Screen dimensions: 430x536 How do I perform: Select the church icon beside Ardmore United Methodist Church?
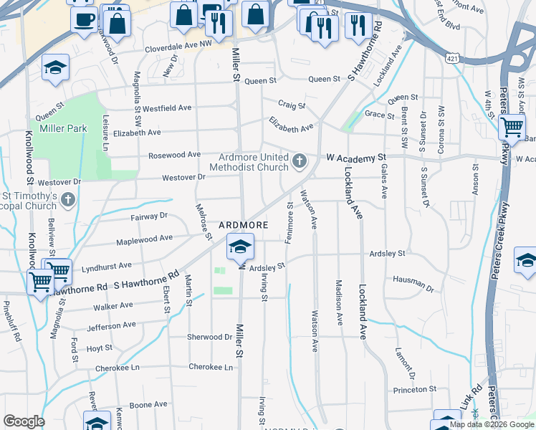click(299, 160)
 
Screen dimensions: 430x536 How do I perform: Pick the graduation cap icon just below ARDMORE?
click(240, 247)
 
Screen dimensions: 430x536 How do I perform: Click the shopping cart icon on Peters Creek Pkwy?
click(511, 128)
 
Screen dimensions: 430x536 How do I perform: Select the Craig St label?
click(292, 105)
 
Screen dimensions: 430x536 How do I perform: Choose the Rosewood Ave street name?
click(174, 155)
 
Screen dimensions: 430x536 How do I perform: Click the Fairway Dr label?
click(148, 215)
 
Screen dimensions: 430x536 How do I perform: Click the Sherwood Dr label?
click(209, 336)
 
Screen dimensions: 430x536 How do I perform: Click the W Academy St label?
click(356, 156)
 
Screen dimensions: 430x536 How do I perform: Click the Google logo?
click(24, 421)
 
